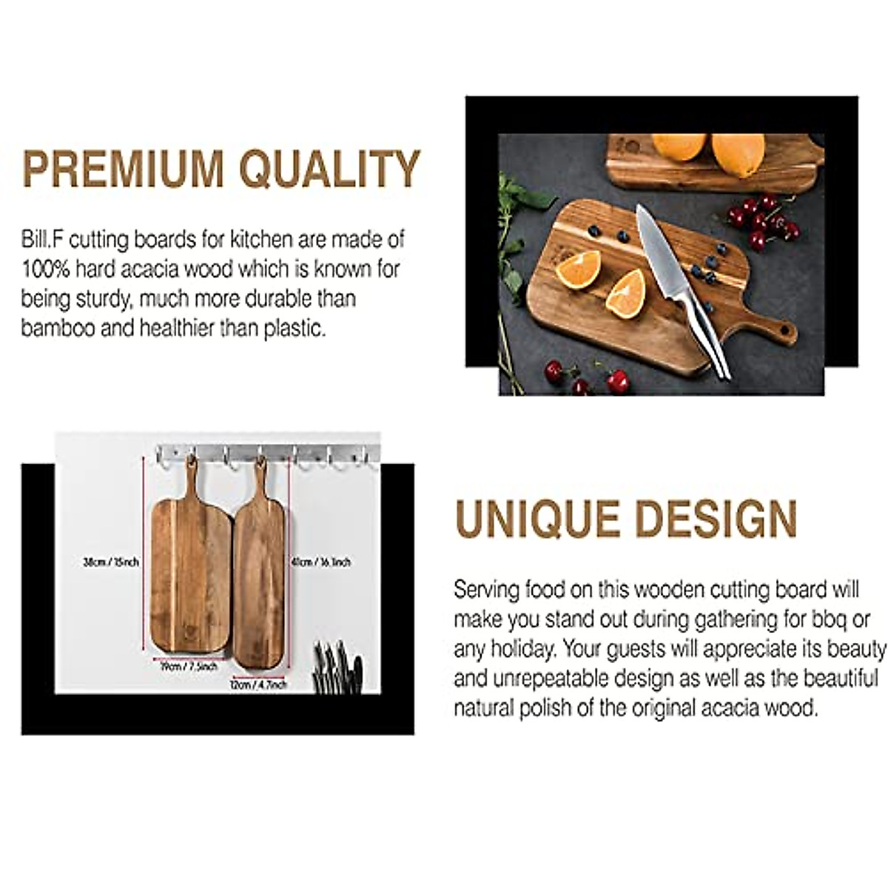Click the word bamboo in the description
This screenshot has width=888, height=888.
[x=58, y=328]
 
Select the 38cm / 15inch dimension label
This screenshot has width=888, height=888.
[x=111, y=562]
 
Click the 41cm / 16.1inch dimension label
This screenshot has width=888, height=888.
[x=320, y=562]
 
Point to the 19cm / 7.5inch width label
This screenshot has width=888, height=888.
[x=189, y=666]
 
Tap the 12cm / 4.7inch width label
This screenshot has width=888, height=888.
[x=258, y=685]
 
